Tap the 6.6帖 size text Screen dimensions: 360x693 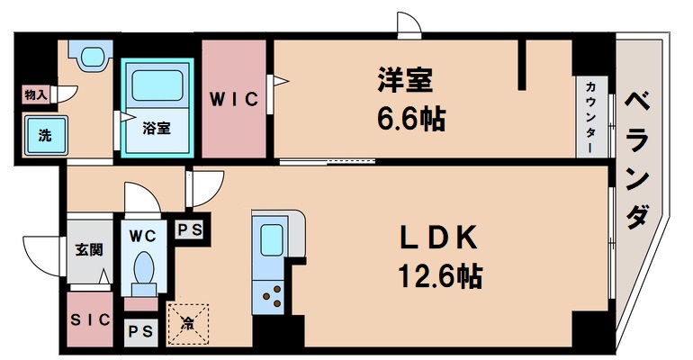[x=410, y=117]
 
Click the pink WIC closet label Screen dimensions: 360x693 [x=235, y=100]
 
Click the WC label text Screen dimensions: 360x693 [x=142, y=236]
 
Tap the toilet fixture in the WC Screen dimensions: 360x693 [x=143, y=268]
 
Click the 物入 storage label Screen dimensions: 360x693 [x=36, y=94]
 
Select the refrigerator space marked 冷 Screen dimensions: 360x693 [x=188, y=320]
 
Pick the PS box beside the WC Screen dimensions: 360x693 [x=189, y=229]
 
